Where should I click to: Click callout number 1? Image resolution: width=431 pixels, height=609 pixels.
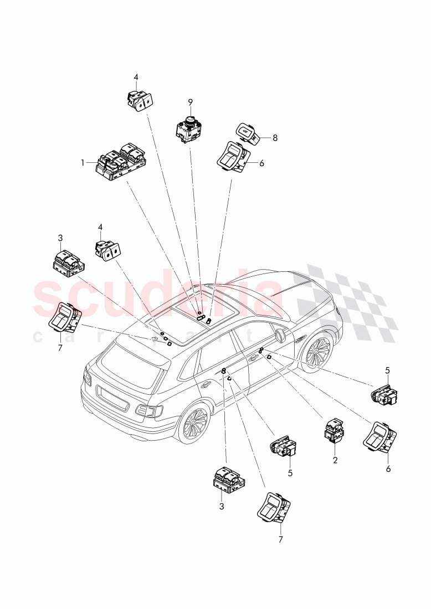(83, 163)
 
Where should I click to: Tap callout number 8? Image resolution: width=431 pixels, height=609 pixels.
(275, 138)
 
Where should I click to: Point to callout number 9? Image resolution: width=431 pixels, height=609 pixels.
(190, 102)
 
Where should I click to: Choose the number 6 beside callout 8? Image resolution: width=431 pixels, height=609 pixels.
(262, 163)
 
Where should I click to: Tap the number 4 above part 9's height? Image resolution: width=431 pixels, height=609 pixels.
(136, 77)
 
